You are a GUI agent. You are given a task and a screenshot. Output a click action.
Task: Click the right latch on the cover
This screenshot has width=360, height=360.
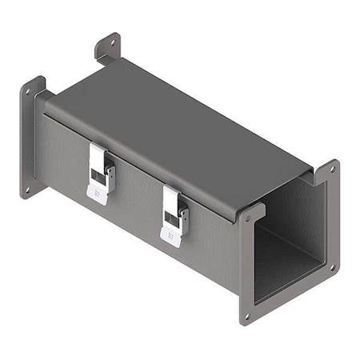click(x=174, y=214)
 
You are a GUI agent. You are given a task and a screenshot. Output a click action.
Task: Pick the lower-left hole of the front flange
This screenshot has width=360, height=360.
click(x=246, y=315)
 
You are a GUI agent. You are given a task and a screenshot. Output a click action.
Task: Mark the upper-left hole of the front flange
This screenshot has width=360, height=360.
click(x=249, y=217)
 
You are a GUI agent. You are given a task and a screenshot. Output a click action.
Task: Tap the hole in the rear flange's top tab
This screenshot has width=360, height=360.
click(x=108, y=44)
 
